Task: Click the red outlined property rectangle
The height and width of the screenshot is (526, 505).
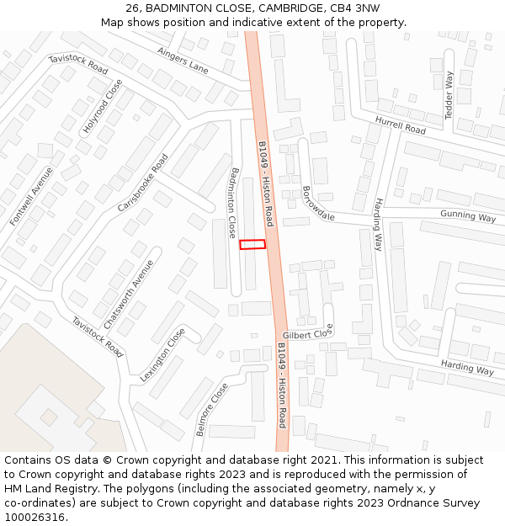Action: tap(252, 244)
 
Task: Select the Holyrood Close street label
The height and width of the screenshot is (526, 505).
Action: tap(102, 107)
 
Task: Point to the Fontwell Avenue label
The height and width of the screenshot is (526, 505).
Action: tap(31, 195)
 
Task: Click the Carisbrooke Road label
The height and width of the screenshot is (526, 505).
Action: tap(143, 182)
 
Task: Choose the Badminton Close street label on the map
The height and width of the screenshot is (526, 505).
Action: tap(231, 202)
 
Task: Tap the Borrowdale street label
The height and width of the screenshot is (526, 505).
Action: tap(318, 204)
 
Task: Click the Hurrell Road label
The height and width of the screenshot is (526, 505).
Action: tap(401, 125)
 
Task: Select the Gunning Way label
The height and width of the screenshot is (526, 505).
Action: tap(468, 216)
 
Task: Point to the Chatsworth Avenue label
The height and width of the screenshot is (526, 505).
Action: tap(129, 294)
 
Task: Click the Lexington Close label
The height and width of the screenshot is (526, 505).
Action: tap(162, 355)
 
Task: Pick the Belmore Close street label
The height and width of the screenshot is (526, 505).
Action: tap(211, 410)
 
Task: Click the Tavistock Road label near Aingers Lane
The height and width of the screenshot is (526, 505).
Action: tap(78, 63)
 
